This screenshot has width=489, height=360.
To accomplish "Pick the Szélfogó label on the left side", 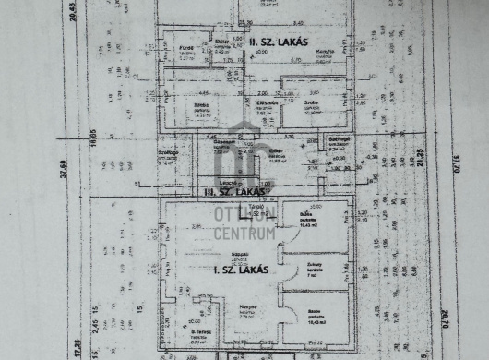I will coord(166,154).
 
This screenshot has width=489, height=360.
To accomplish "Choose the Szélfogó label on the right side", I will coord(339,139).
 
